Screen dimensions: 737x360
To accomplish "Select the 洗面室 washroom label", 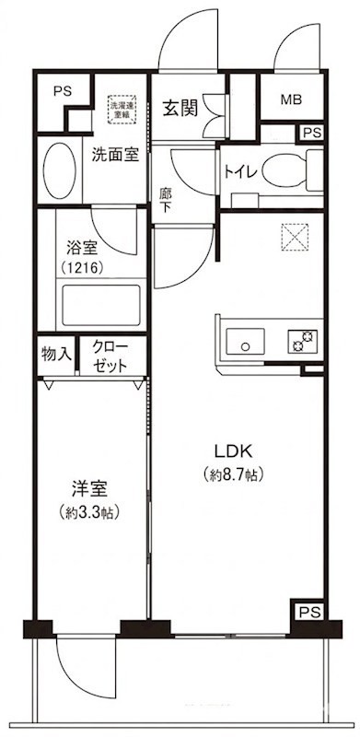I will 116,155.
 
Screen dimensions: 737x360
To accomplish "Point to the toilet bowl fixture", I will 284,170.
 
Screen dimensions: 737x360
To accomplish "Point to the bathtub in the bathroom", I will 99,304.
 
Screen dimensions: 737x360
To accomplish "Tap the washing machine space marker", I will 122,107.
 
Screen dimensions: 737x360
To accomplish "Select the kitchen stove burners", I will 300,340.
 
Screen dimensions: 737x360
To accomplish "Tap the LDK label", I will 233,452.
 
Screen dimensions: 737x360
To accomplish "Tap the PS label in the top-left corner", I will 62,92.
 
